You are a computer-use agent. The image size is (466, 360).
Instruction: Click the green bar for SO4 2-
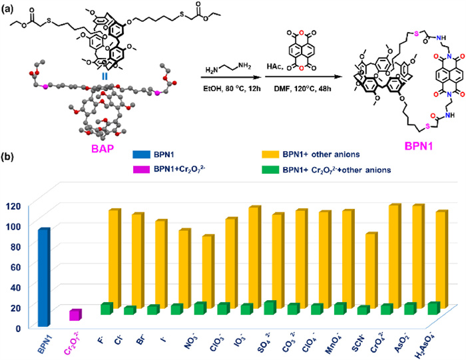click(269, 307)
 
